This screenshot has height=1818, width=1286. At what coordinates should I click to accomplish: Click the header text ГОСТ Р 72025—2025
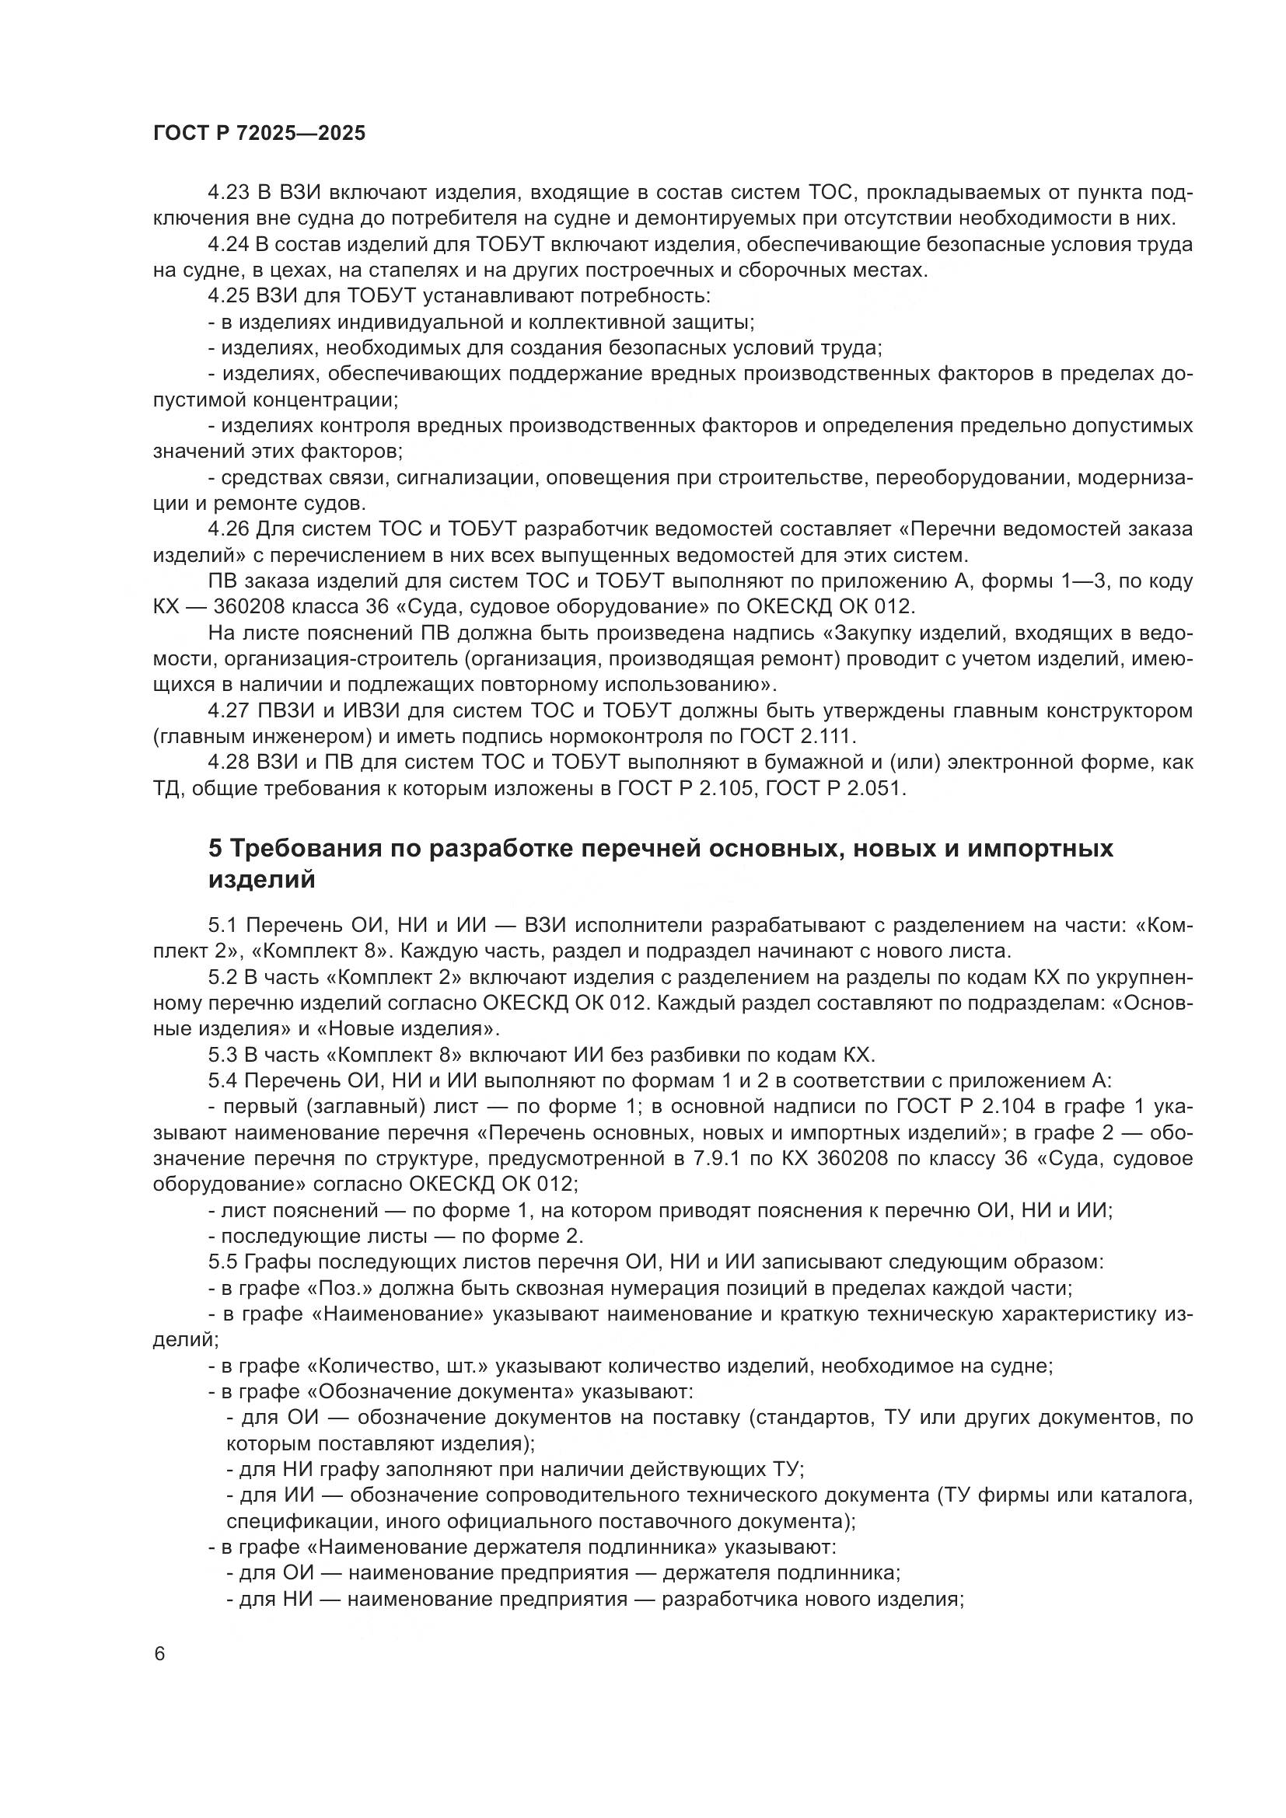coord(259,134)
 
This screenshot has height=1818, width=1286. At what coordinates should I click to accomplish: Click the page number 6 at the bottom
coord(160,1654)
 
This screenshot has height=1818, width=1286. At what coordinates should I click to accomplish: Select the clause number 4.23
coord(228,194)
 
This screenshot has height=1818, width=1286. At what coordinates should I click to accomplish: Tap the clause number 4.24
coord(228,245)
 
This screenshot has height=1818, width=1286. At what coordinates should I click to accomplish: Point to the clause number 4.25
coord(228,296)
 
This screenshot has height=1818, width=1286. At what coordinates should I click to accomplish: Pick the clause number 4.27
coord(228,710)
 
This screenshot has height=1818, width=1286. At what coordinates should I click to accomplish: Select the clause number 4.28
coord(228,762)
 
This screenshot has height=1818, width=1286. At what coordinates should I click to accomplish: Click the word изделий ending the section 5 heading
coord(261,880)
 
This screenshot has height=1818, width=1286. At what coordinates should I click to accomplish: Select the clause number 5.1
coord(222,926)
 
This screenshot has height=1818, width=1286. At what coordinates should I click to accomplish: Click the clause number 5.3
coord(222,1055)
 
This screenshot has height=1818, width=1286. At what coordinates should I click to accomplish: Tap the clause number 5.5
coord(222,1262)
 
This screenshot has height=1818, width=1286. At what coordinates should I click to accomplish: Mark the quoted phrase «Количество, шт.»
coord(400,1366)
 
